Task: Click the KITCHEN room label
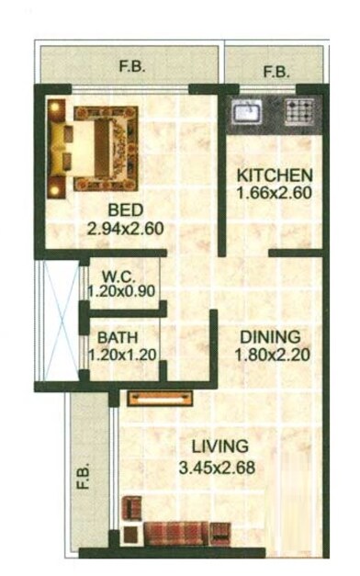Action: pos(276,175)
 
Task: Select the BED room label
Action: pos(124,208)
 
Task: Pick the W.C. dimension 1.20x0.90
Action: pos(123,291)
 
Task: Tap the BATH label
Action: pos(118,336)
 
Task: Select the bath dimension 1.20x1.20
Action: pos(123,353)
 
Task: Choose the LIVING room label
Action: pos(219,447)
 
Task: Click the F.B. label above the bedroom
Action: pos(133,66)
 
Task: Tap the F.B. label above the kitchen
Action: pos(275,72)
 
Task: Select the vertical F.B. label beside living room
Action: pos(84,474)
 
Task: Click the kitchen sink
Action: pos(247,113)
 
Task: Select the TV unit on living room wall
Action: pos(161,398)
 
